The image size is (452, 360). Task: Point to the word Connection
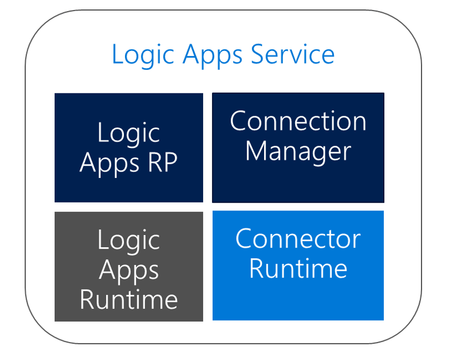tap(298, 121)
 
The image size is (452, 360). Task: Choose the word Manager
tap(298, 152)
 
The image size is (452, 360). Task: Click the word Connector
tap(298, 239)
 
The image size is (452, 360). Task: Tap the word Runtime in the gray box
tap(129, 300)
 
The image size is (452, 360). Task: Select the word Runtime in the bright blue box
tap(298, 268)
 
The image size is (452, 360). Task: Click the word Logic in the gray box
tap(129, 241)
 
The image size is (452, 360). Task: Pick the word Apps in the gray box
tap(129, 271)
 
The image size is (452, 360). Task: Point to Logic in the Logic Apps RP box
tap(129, 133)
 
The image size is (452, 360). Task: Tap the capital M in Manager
tap(258, 152)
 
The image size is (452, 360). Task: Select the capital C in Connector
tap(244, 239)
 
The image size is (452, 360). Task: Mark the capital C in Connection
tap(239, 121)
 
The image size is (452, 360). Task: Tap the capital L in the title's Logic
tap(117, 55)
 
